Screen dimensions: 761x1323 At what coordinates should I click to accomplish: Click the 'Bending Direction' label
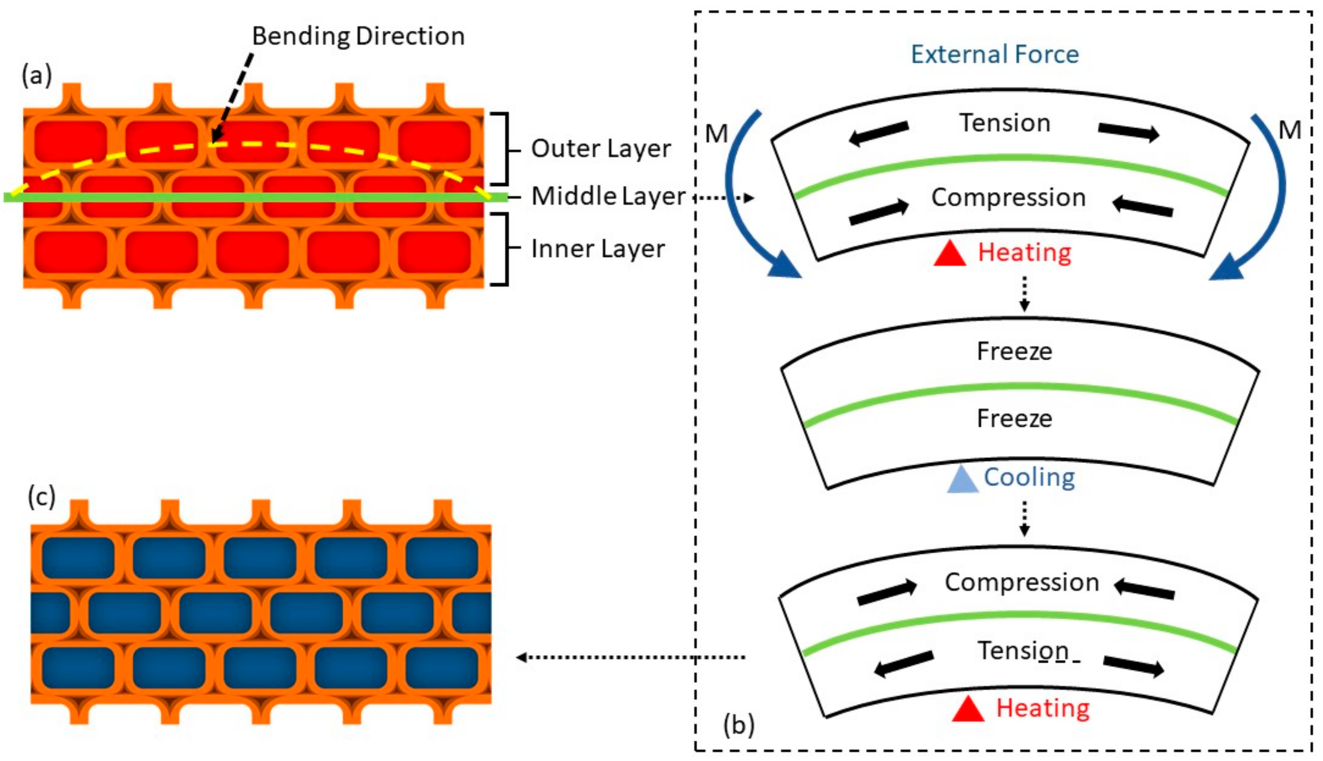[358, 36]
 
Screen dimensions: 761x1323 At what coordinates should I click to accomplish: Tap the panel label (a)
[36, 76]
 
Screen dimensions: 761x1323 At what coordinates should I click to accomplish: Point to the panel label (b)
[739, 725]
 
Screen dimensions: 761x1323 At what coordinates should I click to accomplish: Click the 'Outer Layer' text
[600, 149]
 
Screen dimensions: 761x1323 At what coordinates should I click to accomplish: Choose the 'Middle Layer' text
[608, 197]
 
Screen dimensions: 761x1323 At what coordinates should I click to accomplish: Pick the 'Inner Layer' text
[598, 249]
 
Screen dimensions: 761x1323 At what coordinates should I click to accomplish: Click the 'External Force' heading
[994, 54]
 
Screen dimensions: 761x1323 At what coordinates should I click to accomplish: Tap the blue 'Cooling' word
[1029, 477]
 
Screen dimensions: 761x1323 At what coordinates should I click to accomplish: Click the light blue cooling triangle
[962, 480]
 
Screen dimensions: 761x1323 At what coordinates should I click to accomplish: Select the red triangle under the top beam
[949, 254]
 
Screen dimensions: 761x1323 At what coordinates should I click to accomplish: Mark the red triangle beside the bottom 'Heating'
[968, 710]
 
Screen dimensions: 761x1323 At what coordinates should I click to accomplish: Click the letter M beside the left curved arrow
[716, 134]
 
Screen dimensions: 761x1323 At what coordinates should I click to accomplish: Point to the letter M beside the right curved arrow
[1290, 130]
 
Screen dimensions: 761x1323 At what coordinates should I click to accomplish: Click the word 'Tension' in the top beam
[1005, 123]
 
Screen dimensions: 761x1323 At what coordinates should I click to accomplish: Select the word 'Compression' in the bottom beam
[1022, 582]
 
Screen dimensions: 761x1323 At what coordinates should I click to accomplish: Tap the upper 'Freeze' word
[1014, 351]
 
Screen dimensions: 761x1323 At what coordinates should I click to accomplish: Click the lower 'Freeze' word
[1014, 418]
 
